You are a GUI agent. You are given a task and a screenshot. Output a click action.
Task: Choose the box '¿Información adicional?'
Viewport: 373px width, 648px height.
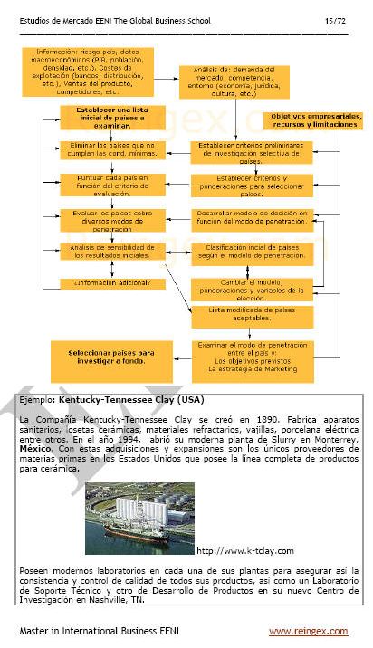tap(107, 282)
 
